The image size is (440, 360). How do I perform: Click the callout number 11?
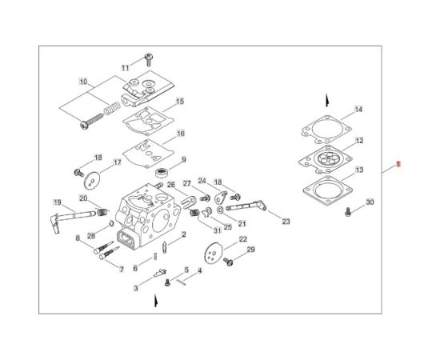tap(125, 67)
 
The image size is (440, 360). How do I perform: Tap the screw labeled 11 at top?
tap(148, 58)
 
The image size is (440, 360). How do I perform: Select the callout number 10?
tap(83, 82)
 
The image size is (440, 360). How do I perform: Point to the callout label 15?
tap(180, 102)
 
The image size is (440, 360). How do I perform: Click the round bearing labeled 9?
tap(162, 173)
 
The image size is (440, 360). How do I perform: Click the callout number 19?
tap(58, 202)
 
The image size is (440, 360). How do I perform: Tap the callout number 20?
tap(83, 198)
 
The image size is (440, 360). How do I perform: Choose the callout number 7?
tap(121, 270)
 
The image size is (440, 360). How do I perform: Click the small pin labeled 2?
tap(165, 245)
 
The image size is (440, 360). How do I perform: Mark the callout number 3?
tap(136, 287)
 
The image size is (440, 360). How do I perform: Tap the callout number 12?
tap(359, 141)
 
